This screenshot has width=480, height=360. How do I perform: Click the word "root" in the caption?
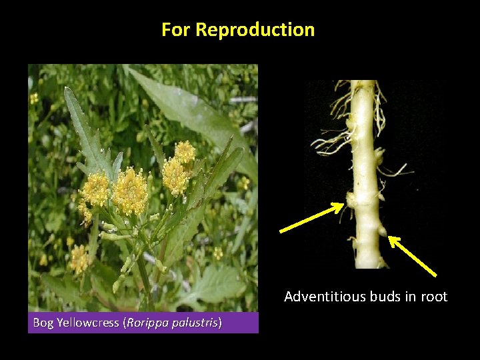(433, 297)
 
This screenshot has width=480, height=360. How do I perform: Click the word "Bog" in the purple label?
(43, 323)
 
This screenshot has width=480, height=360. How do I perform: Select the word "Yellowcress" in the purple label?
(87, 323)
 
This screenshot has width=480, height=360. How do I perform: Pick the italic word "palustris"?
(195, 323)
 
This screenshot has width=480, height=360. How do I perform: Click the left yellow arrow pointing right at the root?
(311, 218)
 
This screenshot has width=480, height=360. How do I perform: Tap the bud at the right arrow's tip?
(382, 231)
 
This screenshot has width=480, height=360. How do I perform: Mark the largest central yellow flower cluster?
(130, 191)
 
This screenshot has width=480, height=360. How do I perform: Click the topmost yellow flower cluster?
(185, 152)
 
